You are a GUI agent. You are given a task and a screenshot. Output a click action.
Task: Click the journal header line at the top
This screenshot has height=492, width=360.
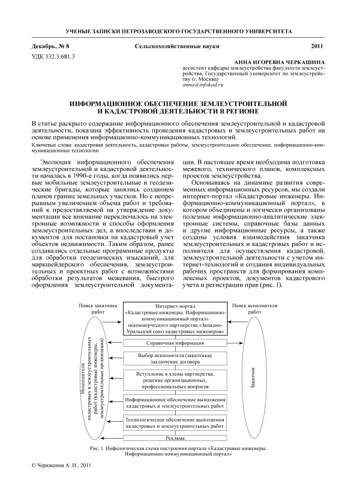click(x=179, y=30)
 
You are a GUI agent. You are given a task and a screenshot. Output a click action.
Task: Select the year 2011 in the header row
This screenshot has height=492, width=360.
click(x=317, y=46)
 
